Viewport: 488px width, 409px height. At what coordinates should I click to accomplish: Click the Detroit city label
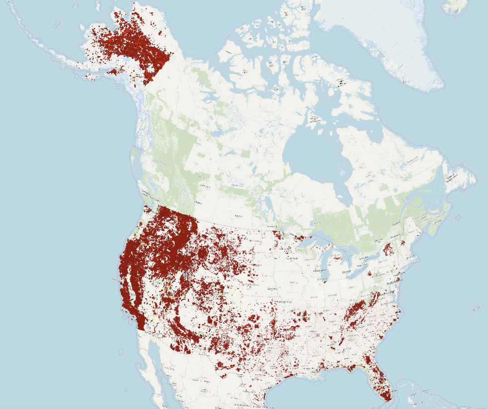347,272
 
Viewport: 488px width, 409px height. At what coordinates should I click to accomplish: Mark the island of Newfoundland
460,179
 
